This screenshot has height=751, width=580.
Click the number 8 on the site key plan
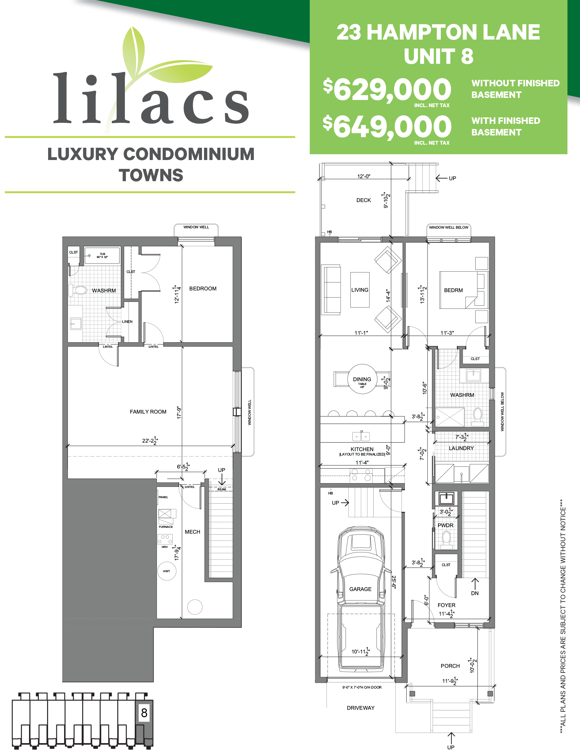[144, 713]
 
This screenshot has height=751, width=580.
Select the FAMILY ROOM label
[148, 411]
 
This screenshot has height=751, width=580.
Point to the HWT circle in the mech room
[167, 571]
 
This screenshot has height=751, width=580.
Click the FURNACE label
[166, 527]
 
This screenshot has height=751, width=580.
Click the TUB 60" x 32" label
[102, 256]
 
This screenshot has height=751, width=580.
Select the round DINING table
[362, 379]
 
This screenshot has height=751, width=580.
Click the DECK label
[363, 200]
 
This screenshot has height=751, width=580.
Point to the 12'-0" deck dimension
[364, 176]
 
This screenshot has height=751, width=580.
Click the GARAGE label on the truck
[360, 589]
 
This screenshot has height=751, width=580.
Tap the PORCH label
[450, 666]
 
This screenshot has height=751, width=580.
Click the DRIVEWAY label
[361, 708]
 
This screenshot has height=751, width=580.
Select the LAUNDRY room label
[461, 448]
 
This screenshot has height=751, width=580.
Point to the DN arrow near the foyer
[475, 587]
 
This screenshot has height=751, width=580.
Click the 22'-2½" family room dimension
[150, 441]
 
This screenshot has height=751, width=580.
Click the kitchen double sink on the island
[361, 436]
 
